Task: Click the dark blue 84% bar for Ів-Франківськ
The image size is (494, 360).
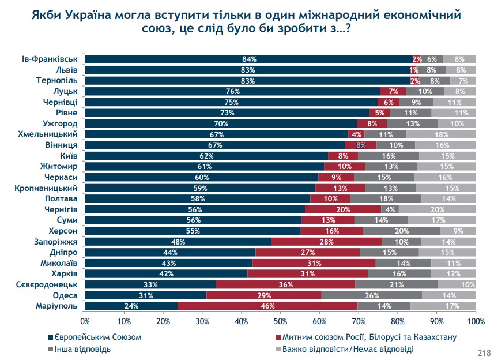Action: point(249,59)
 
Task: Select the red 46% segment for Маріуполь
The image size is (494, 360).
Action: point(267,306)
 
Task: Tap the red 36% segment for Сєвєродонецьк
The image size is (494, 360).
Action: point(285,284)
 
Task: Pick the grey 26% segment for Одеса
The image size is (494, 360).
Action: point(371,295)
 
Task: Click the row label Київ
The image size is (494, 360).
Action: point(70,155)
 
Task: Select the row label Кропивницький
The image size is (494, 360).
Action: point(48,187)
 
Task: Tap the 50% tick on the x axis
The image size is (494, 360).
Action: point(281,321)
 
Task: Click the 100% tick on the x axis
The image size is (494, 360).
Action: point(476,321)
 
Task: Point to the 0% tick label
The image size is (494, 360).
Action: point(85,321)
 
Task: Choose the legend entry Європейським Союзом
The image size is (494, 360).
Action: point(92,336)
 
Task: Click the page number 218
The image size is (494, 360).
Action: point(483,352)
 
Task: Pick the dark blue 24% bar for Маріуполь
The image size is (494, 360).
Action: point(131,306)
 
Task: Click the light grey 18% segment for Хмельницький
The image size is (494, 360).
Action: point(440,134)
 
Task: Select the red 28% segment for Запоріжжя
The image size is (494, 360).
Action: point(326,241)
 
